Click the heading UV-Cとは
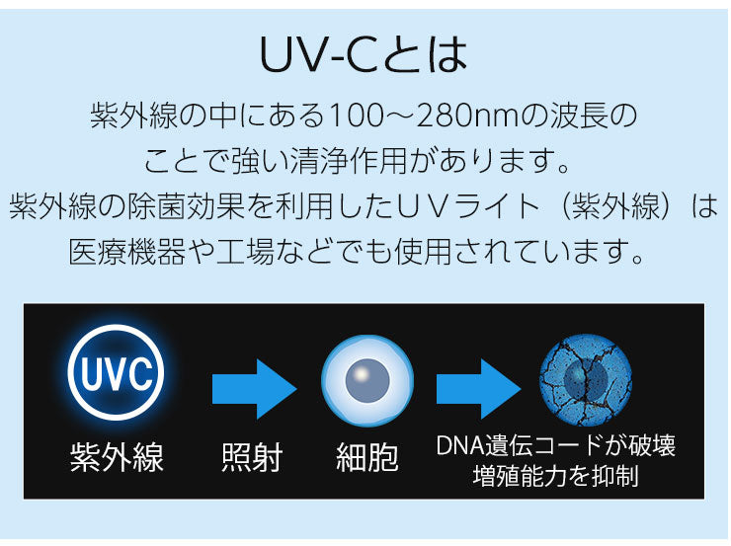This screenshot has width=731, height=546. pyautogui.click(x=364, y=54)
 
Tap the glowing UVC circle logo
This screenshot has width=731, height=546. pyautogui.click(x=116, y=372)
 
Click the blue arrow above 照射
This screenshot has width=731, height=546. pyautogui.click(x=255, y=389)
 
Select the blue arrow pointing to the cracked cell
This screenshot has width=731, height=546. pyautogui.click(x=478, y=389)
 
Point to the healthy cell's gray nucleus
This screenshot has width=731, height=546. pyautogui.click(x=367, y=380)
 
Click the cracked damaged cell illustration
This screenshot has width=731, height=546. pyautogui.click(x=586, y=380)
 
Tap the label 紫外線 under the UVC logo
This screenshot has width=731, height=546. pyautogui.click(x=117, y=457)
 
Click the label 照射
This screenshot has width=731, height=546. pyautogui.click(x=252, y=457)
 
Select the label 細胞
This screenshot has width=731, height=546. pyautogui.click(x=367, y=457)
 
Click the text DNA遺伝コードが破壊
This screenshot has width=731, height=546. pyautogui.click(x=556, y=445)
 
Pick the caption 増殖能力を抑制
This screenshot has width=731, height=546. pyautogui.click(x=556, y=476)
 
